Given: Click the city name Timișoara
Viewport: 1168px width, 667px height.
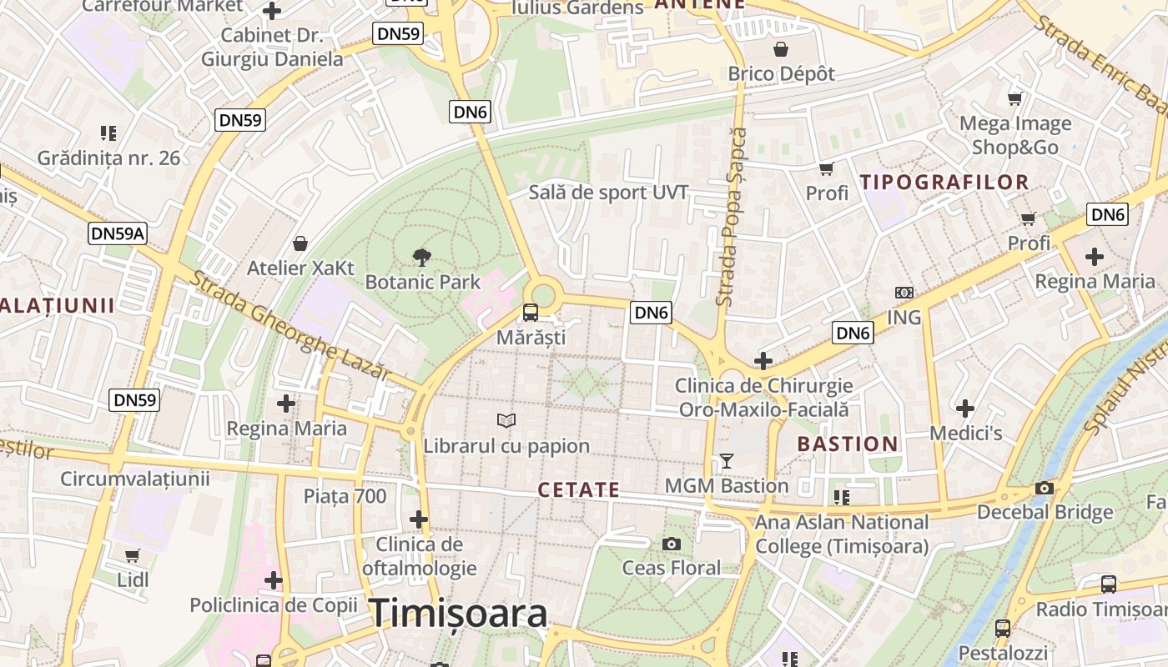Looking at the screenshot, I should pyautogui.click(x=458, y=614).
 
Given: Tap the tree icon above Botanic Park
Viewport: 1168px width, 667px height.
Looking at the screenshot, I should pyautogui.click(x=423, y=257).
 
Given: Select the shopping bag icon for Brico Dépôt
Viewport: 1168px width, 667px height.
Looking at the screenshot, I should pyautogui.click(x=781, y=49).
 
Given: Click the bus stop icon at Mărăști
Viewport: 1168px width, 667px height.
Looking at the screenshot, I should pyautogui.click(x=531, y=313).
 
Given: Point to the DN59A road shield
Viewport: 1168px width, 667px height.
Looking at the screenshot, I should pyautogui.click(x=118, y=233).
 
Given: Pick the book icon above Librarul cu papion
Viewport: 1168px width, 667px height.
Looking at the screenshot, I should pyautogui.click(x=506, y=420).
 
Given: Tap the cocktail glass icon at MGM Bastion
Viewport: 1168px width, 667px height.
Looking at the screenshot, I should pyautogui.click(x=727, y=460).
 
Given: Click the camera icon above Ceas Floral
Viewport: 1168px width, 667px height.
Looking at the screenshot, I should pyautogui.click(x=671, y=544).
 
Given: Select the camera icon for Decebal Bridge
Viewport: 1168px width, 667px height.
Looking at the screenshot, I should pyautogui.click(x=1045, y=488).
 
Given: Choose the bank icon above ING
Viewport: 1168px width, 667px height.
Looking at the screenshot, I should pyautogui.click(x=904, y=293).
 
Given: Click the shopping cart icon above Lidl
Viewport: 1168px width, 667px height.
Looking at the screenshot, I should pyautogui.click(x=133, y=555).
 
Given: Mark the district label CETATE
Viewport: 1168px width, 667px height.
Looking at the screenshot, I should pyautogui.click(x=579, y=490).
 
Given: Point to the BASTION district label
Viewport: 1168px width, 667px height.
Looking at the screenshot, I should pyautogui.click(x=848, y=444).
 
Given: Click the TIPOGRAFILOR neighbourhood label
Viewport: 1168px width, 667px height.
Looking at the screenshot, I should pyautogui.click(x=944, y=182).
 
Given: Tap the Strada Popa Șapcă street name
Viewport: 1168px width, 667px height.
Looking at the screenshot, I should pyautogui.click(x=732, y=217).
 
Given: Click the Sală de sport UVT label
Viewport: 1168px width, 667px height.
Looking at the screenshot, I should pyautogui.click(x=608, y=193).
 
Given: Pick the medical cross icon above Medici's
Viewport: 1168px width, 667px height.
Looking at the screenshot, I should pyautogui.click(x=965, y=409).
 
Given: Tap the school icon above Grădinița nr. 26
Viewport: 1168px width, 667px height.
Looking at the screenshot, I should pyautogui.click(x=108, y=133).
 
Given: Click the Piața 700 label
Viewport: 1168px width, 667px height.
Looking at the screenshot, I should pyautogui.click(x=345, y=497).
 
